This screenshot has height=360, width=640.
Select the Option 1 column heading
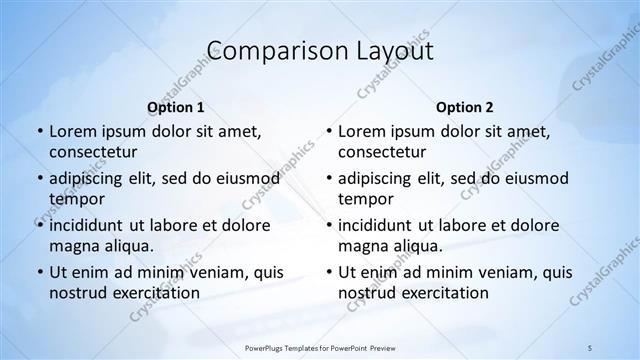click(x=175, y=106)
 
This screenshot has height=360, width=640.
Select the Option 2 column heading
click(x=464, y=106)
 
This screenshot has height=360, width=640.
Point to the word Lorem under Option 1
click(x=73, y=131)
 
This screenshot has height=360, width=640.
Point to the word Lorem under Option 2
click(x=362, y=131)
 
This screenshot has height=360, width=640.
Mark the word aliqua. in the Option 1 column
click(x=130, y=246)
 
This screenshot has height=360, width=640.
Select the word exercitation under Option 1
click(x=155, y=293)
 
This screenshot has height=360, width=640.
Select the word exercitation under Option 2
click(x=444, y=293)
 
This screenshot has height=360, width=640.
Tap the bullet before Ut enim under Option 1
click(x=38, y=272)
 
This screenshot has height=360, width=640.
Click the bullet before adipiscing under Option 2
click(x=327, y=178)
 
